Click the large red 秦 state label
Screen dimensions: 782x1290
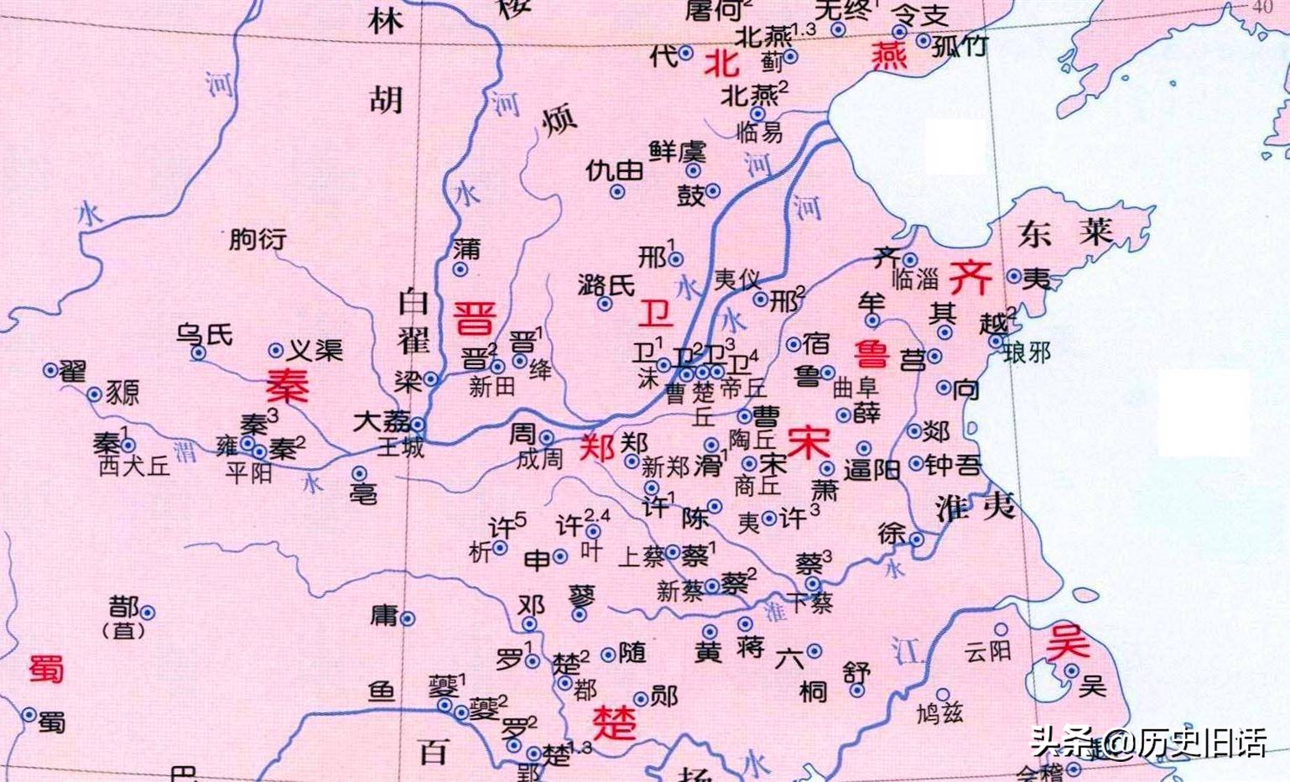point(288,386)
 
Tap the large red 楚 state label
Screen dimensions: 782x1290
point(615,722)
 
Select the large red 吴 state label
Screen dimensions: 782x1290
point(1068,643)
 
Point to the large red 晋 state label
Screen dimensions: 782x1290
point(475,318)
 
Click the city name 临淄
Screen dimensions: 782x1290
point(914,279)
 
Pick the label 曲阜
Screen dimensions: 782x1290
point(856,388)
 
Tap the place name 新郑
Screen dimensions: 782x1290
point(665,467)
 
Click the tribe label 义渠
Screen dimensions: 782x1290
point(315,350)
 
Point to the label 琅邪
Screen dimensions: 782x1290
point(1027,352)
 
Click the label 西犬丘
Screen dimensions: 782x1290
point(134,467)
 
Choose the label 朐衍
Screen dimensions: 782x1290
point(257,239)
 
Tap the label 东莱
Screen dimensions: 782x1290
point(1065,232)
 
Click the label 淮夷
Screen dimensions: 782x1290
point(975,507)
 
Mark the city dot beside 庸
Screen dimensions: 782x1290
point(408,619)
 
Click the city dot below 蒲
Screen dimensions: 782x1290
point(460,269)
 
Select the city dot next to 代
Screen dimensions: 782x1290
point(686,53)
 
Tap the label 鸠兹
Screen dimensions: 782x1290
point(939,713)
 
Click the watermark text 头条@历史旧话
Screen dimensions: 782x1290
point(1148,743)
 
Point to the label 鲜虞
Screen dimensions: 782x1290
point(678,151)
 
